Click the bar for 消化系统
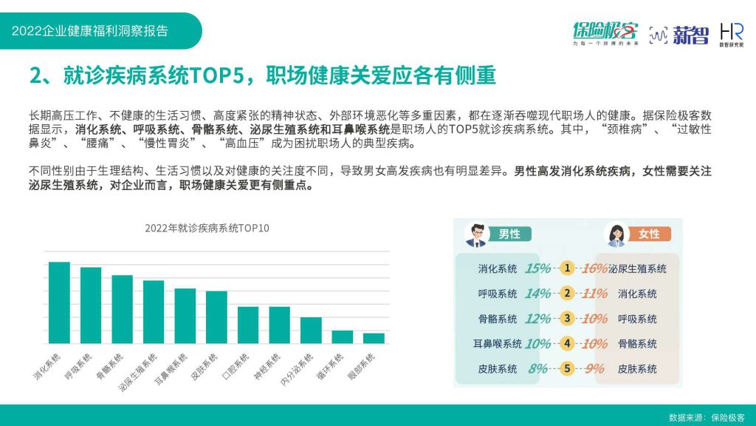click(59, 302)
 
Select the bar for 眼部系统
click(374, 339)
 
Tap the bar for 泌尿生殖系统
click(154, 312)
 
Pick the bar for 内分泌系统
click(311, 331)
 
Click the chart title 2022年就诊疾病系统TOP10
click(207, 228)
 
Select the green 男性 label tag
click(509, 234)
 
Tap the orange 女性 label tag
click(649, 234)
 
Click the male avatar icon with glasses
click(476, 234)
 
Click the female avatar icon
click(616, 234)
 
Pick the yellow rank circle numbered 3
click(567, 318)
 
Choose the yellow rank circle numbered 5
click(567, 368)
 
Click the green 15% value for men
click(537, 268)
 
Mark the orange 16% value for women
click(594, 268)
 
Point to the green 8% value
click(537, 369)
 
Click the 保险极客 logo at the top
click(605, 33)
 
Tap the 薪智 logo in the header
click(679, 35)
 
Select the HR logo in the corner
click(732, 35)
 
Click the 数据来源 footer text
click(707, 418)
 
